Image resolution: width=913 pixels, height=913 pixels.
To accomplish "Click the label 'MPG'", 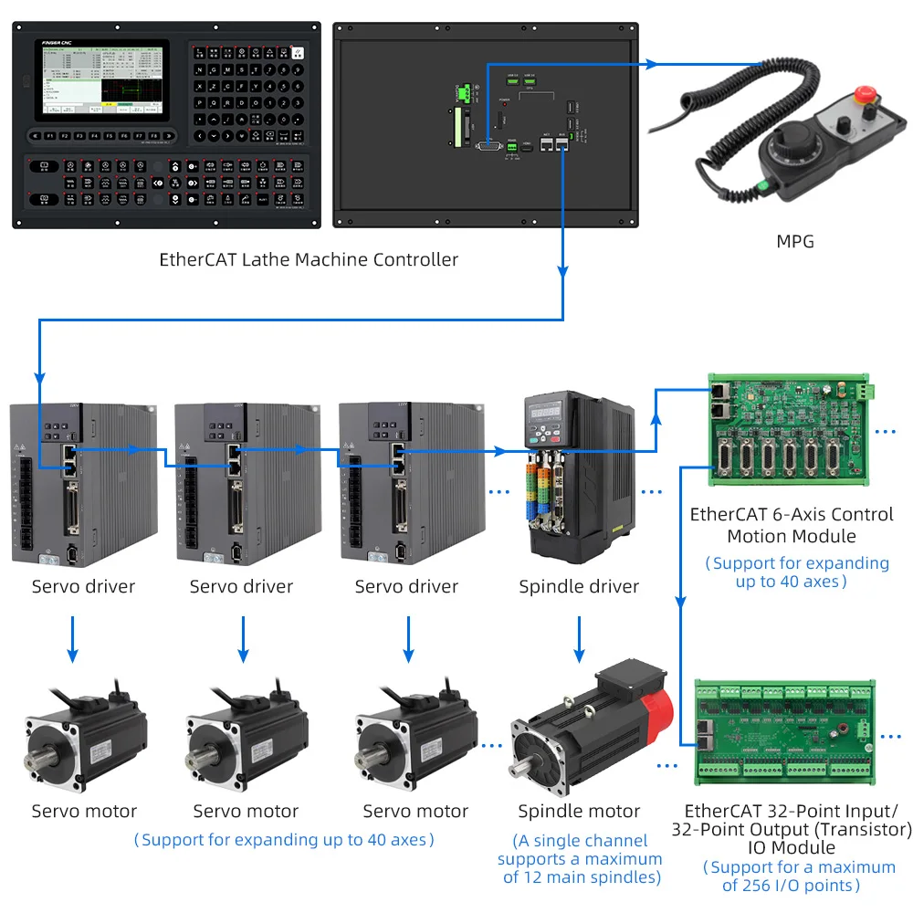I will pos(793,242).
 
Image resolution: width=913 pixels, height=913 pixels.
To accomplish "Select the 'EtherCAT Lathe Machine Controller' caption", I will pos(309,259).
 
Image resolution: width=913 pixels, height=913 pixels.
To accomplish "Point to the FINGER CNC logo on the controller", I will pos(61,42).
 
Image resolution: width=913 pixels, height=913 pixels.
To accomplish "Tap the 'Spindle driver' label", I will pos(579,586).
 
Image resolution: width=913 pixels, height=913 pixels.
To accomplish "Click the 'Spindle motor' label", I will pos(579,811).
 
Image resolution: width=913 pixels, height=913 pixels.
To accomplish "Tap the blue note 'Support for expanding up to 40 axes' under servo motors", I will pos(284,838).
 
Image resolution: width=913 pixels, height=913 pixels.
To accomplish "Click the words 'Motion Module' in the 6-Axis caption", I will pos(791,536).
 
